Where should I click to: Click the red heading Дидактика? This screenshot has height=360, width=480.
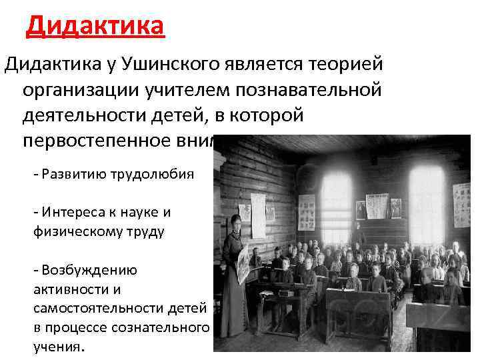pyautogui.click(x=96, y=27)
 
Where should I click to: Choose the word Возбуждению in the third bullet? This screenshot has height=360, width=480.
pyautogui.click(x=89, y=271)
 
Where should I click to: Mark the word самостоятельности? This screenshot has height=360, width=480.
pyautogui.click(x=88, y=309)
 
